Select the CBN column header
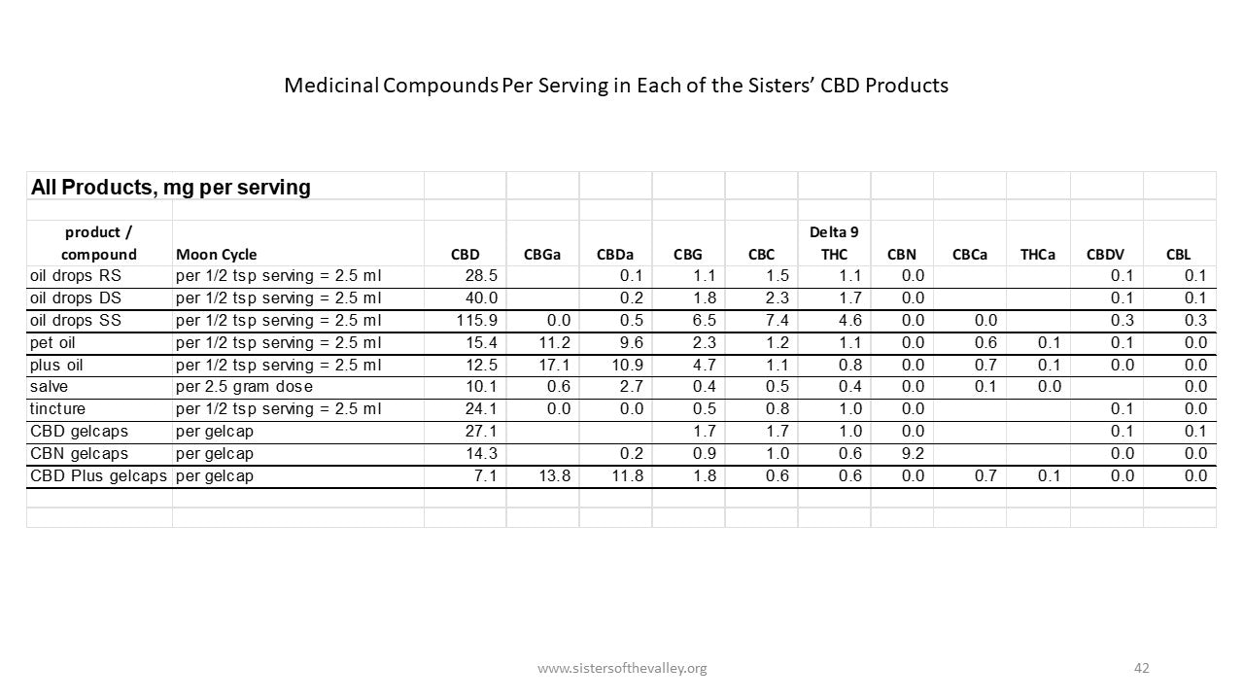pyautogui.click(x=901, y=255)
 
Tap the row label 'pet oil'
pyautogui.click(x=52, y=342)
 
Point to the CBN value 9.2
pyautogui.click(x=913, y=453)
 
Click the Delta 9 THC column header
pyautogui.click(x=833, y=243)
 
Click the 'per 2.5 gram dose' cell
pyautogui.click(x=244, y=387)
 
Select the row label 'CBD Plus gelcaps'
pyautogui.click(x=98, y=475)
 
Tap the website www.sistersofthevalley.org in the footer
pyautogui.click(x=622, y=668)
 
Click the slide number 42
pyautogui.click(x=1141, y=668)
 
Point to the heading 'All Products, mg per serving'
pyautogui.click(x=171, y=188)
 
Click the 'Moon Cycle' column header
pyautogui.click(x=217, y=255)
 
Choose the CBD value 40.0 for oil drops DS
pyautogui.click(x=481, y=297)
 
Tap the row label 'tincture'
pyautogui.click(x=57, y=408)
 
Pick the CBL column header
pyautogui.click(x=1178, y=255)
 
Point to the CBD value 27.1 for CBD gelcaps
pyautogui.click(x=481, y=431)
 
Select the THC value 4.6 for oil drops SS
pyautogui.click(x=849, y=320)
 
